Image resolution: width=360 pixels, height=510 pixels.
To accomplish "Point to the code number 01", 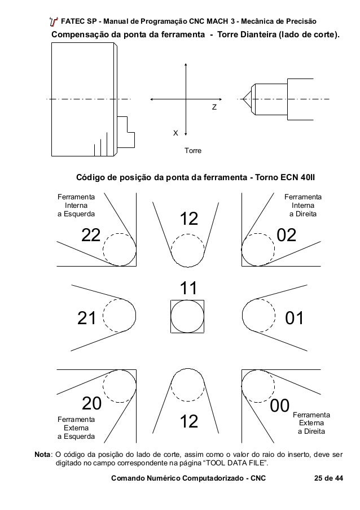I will tap(295, 319).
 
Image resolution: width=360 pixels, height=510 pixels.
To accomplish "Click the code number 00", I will tap(280, 405).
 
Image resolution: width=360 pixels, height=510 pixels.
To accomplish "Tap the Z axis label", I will tap(214, 106).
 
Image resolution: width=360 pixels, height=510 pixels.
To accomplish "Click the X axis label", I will tap(175, 133).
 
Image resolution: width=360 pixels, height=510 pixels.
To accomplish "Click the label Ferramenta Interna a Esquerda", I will tap(76, 206).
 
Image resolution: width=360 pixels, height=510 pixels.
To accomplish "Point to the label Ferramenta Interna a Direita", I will tap(302, 206).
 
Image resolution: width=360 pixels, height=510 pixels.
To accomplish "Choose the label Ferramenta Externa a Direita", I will tap(311, 423).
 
